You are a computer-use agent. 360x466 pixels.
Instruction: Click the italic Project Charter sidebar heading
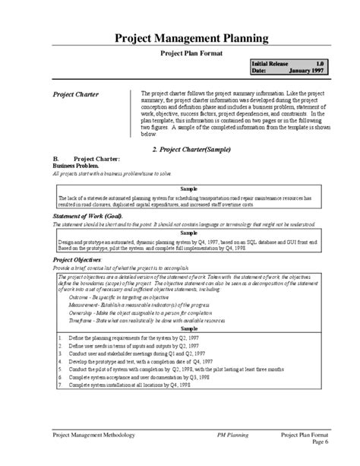[x=75, y=95]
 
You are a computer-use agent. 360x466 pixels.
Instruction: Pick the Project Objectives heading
[x=81, y=260]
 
